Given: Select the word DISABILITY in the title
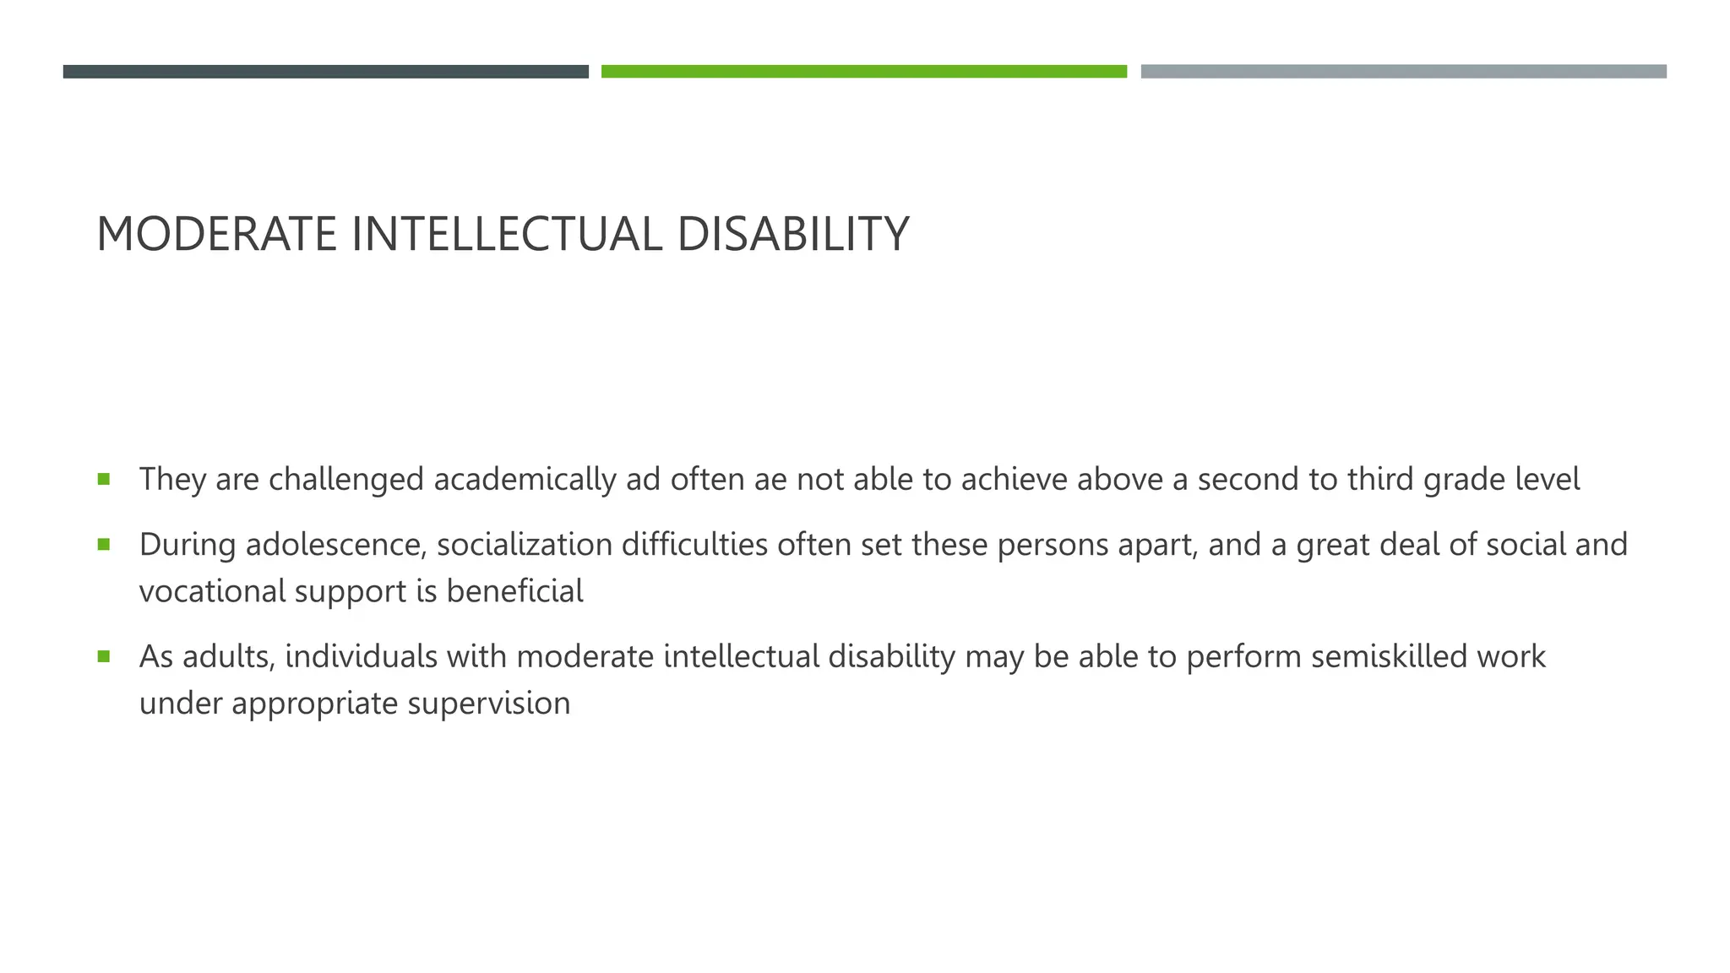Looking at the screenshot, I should [x=792, y=234].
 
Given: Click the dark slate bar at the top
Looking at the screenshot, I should [x=325, y=72].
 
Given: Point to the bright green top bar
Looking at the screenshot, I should [x=863, y=72].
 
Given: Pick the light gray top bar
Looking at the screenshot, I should [x=1403, y=72].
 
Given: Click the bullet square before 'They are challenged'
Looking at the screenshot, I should [x=104, y=479].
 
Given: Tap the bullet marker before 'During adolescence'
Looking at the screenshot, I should [x=104, y=545].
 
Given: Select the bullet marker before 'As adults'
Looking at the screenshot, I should [x=104, y=656].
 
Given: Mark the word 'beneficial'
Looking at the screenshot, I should [x=514, y=591].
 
